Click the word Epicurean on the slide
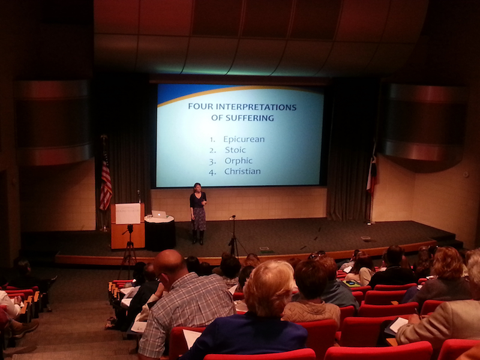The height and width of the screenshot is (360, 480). pyautogui.click(x=244, y=139)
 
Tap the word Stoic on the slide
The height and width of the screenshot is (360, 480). pyautogui.click(x=235, y=150)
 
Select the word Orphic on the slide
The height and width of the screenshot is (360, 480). pyautogui.click(x=238, y=161)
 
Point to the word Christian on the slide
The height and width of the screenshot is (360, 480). pyautogui.click(x=242, y=171)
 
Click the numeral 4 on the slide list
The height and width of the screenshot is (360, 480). pyautogui.click(x=212, y=172)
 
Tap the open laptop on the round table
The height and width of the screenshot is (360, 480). pyautogui.click(x=159, y=214)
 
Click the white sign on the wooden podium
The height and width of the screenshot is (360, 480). pyautogui.click(x=128, y=214)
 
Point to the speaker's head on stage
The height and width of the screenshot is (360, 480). pyautogui.click(x=197, y=187)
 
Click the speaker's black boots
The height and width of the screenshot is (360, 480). pyautogui.click(x=198, y=237)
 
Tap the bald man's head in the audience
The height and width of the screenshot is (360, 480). pyautogui.click(x=170, y=263)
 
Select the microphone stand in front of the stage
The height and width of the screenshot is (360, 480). pyautogui.click(x=233, y=236)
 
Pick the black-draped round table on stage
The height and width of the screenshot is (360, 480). pyautogui.click(x=160, y=233)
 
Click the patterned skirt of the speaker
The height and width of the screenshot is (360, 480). pyautogui.click(x=199, y=219)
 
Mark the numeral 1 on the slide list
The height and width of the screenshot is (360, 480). pyautogui.click(x=212, y=140)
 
